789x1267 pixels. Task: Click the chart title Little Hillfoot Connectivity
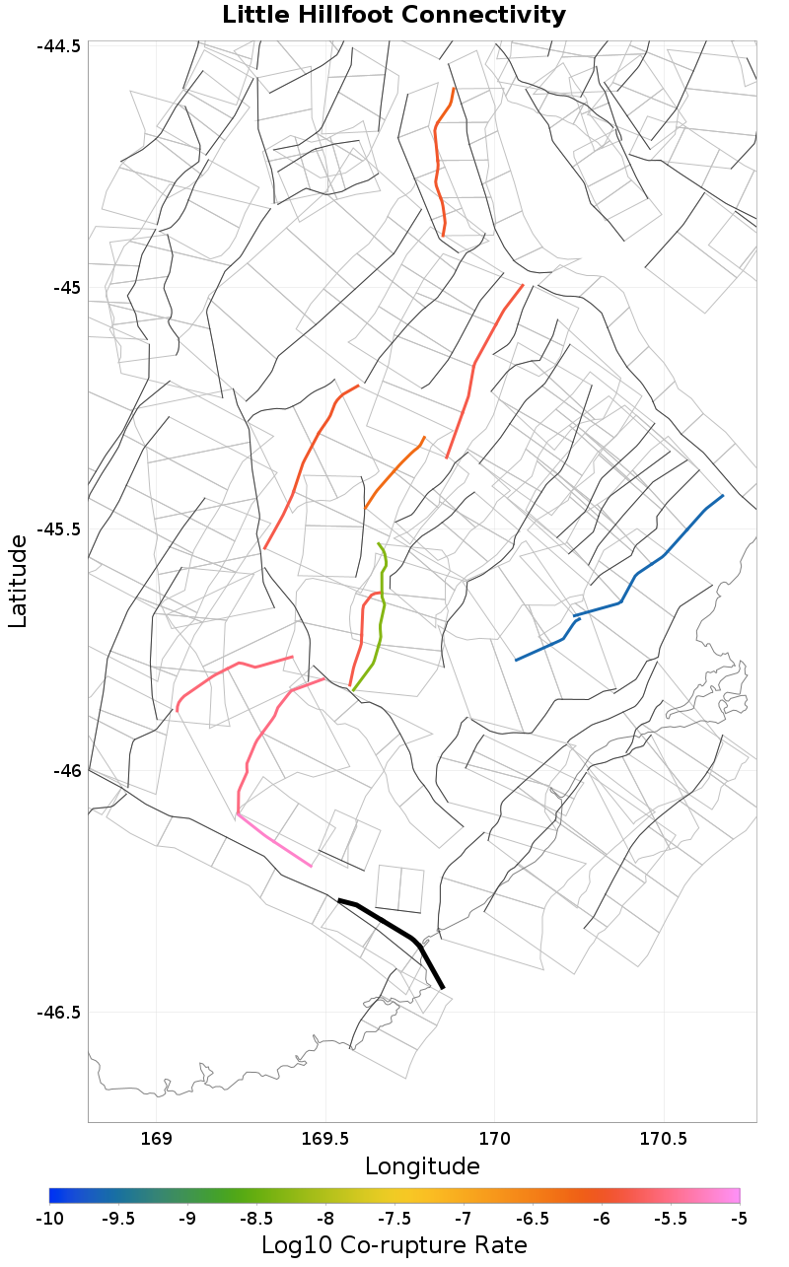tap(394, 16)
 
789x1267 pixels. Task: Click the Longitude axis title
tap(422, 1166)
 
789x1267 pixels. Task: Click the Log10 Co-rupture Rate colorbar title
tap(394, 1244)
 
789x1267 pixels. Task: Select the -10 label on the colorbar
tap(49, 1219)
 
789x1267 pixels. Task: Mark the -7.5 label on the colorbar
tap(394, 1219)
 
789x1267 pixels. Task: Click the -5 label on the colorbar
tap(739, 1219)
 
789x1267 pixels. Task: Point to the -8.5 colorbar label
tap(256, 1219)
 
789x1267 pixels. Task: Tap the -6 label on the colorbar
tap(602, 1219)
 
